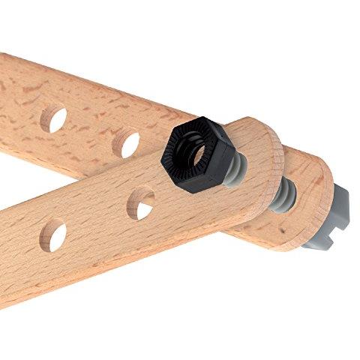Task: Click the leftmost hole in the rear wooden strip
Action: pos(53,118)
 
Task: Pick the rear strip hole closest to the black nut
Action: pos(127,142)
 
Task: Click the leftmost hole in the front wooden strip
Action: pos(52,235)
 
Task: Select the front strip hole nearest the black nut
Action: pos(140,202)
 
